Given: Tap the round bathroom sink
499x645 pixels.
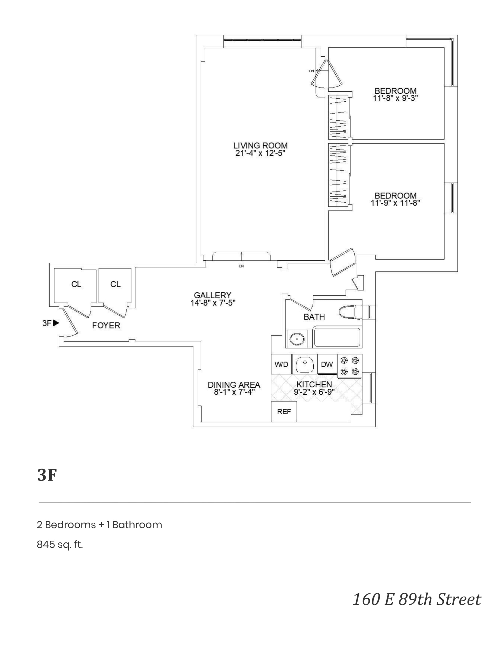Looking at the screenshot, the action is pos(296,339).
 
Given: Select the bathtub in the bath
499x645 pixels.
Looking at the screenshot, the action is pos(337,337).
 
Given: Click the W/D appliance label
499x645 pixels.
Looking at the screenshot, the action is pos(281,364).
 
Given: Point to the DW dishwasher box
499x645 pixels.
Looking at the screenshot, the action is pos(327,364).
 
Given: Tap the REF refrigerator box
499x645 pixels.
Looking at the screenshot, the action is pos(284,411).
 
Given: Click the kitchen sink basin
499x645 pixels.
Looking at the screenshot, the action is pos(304,364).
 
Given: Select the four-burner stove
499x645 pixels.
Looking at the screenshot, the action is pos(350,366).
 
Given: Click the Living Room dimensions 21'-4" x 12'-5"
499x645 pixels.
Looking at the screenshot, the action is pos(260,153).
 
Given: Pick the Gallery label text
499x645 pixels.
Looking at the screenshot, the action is pos(213,295).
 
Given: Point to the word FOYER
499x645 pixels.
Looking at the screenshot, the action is pos(106,325).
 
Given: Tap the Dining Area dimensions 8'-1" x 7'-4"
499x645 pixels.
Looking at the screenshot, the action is pos(234,392).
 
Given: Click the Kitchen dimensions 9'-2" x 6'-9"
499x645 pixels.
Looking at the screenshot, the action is pos(314,392).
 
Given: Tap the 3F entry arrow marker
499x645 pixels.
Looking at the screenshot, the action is pos(55,323).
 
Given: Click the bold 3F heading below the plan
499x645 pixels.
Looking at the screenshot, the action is pos(47,475).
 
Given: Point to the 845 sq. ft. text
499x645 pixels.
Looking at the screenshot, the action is pos(60,544).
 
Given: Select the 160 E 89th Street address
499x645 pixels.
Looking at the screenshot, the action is pos(417,599).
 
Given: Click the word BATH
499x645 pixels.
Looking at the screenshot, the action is pos(314,317).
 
